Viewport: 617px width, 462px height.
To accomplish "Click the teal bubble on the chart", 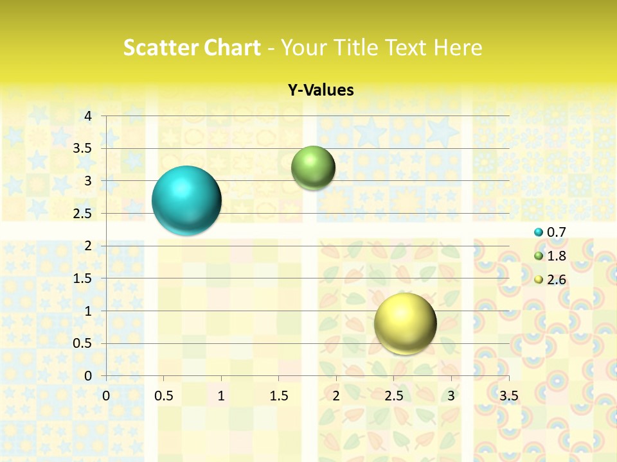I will (x=186, y=200).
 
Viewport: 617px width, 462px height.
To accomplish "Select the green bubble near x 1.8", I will (x=313, y=168).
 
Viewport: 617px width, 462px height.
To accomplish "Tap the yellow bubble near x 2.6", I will (x=405, y=323).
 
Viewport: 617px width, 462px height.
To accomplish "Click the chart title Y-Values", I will (x=321, y=90).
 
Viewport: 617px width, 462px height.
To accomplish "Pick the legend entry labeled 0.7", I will (x=556, y=232).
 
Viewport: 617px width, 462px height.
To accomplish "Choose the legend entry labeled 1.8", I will (x=556, y=256).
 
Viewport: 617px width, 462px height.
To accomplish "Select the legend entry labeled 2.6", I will (x=556, y=280).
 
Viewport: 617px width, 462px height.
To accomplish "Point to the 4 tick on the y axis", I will (x=87, y=116).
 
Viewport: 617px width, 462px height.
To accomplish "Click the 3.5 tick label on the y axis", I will (x=82, y=148).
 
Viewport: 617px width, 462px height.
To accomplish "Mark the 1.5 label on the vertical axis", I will (x=82, y=278).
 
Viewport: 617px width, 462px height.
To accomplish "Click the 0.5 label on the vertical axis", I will (x=82, y=343).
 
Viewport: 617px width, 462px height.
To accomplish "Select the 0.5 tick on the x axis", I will (x=163, y=396).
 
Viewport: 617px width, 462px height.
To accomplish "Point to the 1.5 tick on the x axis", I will (x=278, y=396).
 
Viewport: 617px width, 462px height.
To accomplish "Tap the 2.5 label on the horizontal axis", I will (x=393, y=396).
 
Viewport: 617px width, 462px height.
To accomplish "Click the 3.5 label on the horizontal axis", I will (x=508, y=396).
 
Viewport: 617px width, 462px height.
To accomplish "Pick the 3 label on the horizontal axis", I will (x=451, y=396).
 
